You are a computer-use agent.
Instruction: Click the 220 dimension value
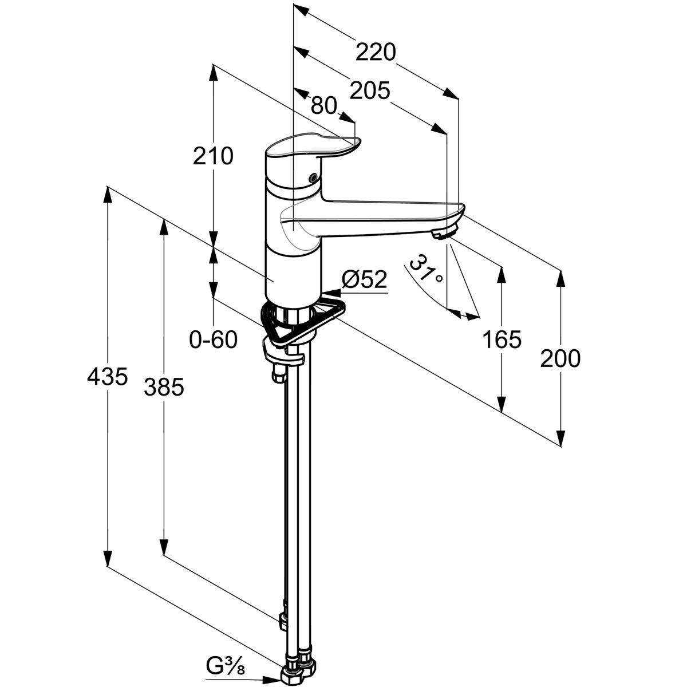[x=375, y=53]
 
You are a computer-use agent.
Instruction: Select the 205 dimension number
[x=369, y=90]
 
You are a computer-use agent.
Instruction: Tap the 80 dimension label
[x=323, y=105]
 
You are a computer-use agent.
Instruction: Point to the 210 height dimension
[x=213, y=156]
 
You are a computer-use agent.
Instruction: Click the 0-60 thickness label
[x=213, y=340]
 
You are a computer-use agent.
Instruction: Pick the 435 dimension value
[x=107, y=377]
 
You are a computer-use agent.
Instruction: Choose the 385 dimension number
[x=164, y=388]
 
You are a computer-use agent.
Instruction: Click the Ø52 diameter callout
[x=364, y=280]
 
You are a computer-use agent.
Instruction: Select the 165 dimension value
[x=502, y=340]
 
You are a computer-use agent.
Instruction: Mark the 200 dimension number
[x=560, y=359]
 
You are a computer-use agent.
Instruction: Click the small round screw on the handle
[x=311, y=178]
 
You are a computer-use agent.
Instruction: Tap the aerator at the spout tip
[x=445, y=232]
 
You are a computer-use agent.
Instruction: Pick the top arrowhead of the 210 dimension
[x=213, y=72]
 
